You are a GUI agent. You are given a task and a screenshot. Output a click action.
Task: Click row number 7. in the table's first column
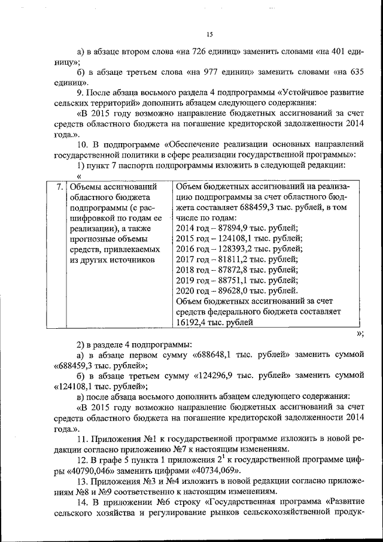59,186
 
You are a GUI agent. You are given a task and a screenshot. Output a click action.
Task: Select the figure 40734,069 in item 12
219,471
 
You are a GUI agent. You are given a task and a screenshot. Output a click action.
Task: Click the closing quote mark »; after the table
359,334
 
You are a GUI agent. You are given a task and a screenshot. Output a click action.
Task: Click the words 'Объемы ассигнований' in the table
113,186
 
